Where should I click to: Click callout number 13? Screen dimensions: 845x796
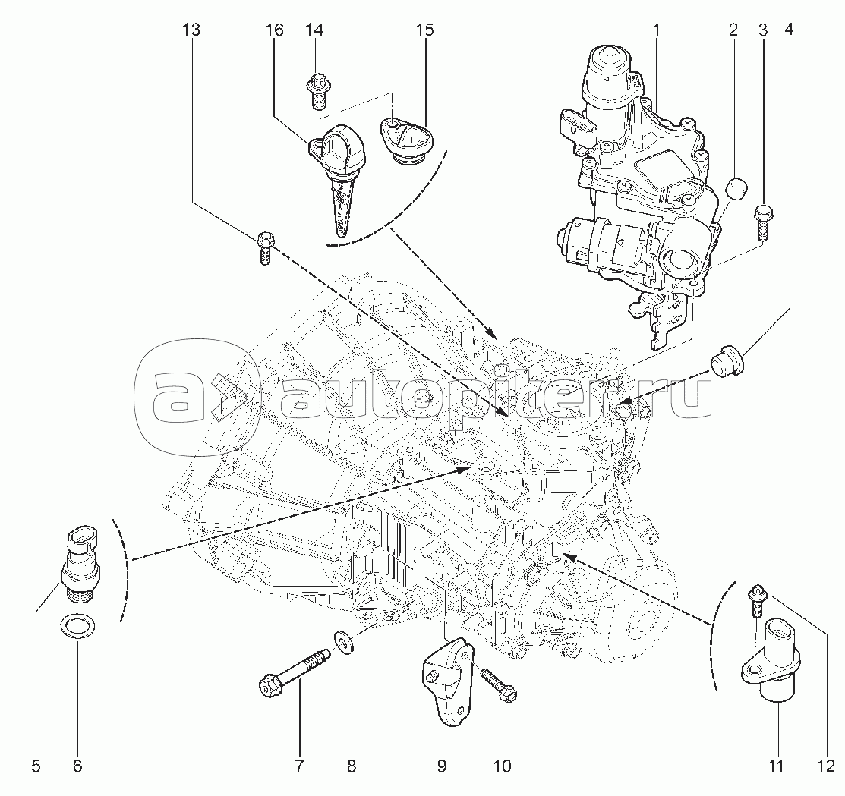[191, 30]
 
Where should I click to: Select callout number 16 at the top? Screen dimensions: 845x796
[274, 30]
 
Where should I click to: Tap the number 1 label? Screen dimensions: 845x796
[656, 30]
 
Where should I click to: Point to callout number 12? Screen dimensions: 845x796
[825, 766]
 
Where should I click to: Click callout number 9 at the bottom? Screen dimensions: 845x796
[441, 766]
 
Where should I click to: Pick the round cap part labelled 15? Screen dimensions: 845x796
[405, 141]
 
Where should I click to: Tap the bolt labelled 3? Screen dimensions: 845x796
[762, 222]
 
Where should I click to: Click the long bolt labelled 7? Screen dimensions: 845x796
[295, 669]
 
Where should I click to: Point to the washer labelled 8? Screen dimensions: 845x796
[343, 640]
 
